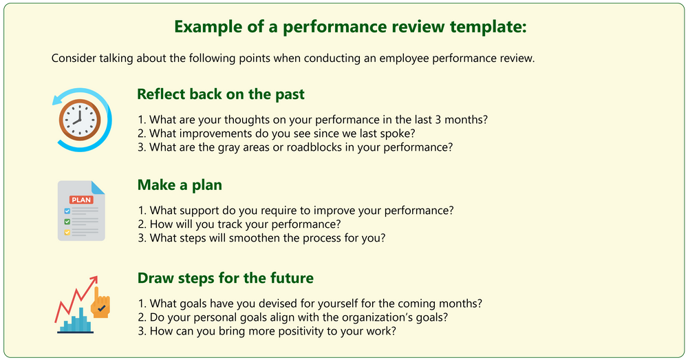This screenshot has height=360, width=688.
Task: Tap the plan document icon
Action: tap(81, 211)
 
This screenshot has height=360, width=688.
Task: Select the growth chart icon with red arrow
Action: tap(80, 304)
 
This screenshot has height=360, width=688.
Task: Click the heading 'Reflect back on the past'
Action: tap(220, 94)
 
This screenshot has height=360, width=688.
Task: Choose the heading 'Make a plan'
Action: tap(180, 184)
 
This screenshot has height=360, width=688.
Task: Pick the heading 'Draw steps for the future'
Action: tap(225, 278)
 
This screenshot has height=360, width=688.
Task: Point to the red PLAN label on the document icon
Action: tap(80, 200)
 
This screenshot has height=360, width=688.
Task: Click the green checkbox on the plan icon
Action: tap(67, 222)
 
